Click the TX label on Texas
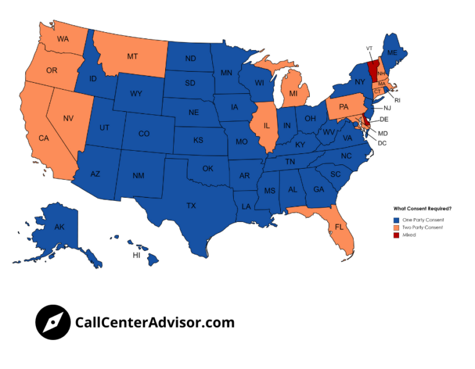(191, 205)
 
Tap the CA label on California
(43, 138)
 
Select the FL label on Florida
(339, 227)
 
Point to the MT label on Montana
(132, 56)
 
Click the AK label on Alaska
(59, 227)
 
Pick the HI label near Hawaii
(136, 255)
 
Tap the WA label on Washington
(62, 39)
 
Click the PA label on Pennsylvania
(344, 106)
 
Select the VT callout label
(369, 48)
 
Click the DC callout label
(382, 143)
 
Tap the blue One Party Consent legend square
(396, 220)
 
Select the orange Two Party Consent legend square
(396, 227)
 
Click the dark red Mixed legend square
(396, 235)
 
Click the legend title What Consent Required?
(422, 208)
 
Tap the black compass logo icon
(53, 322)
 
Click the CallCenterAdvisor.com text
(155, 322)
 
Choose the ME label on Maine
(392, 54)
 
